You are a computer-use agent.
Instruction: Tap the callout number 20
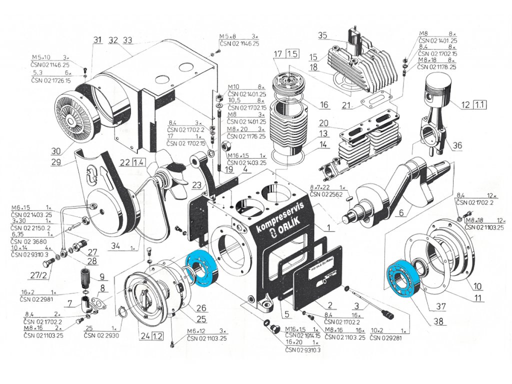click(x=322, y=123)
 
